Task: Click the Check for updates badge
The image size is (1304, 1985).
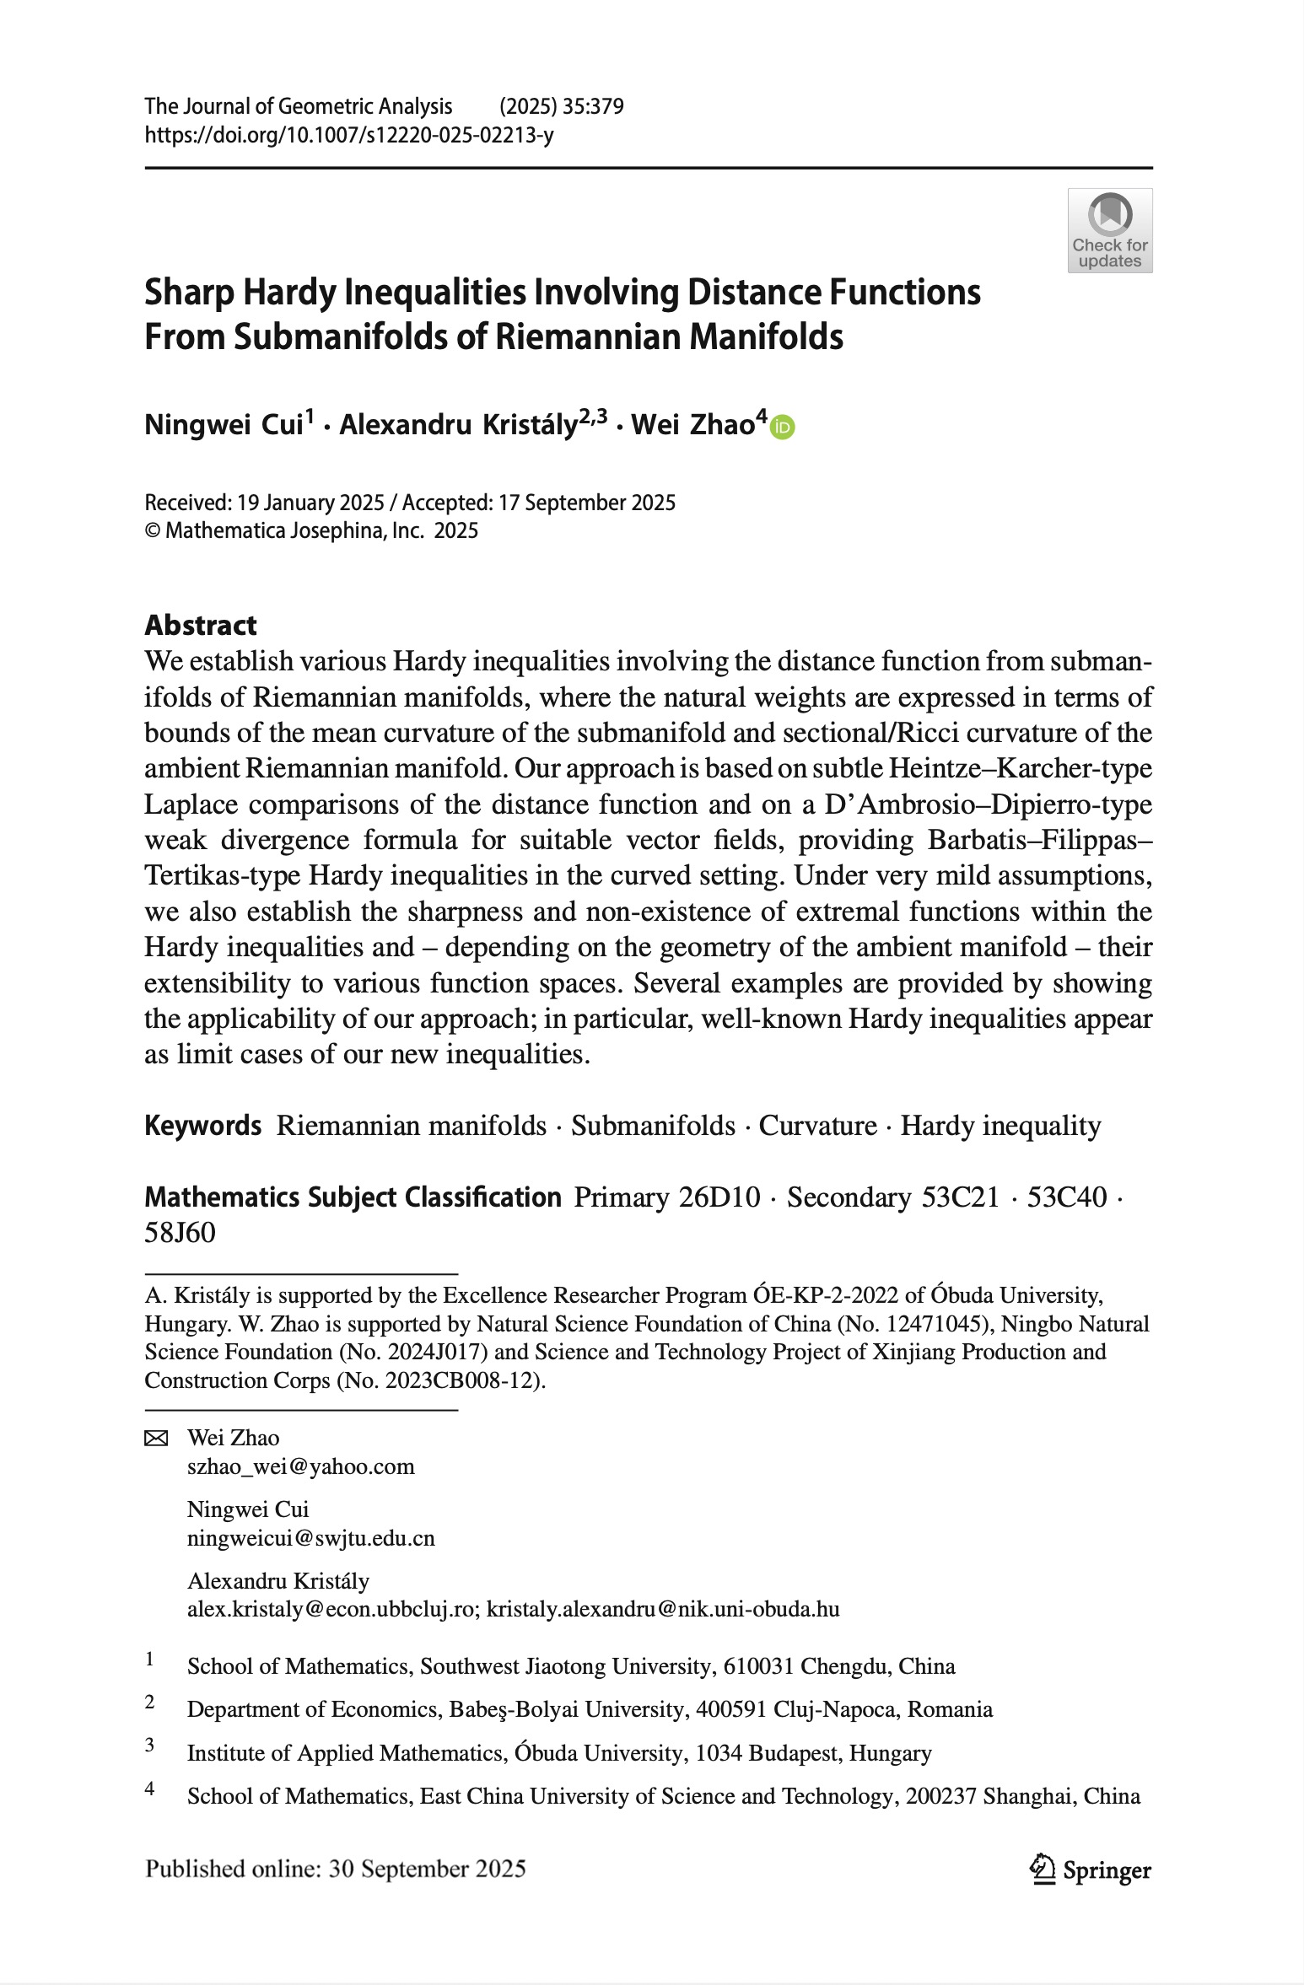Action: [1109, 230]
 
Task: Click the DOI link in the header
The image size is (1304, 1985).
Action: [349, 135]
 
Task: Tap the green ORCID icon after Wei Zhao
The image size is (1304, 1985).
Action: [784, 428]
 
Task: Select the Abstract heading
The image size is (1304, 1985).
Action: [201, 625]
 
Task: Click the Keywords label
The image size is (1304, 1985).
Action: [202, 1126]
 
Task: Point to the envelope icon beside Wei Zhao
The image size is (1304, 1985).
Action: [157, 1439]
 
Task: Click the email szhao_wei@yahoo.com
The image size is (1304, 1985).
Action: [300, 1466]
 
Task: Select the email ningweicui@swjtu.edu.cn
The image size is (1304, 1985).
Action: [310, 1538]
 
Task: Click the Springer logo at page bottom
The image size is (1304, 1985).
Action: [1090, 1869]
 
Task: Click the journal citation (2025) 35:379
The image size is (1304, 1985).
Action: [561, 106]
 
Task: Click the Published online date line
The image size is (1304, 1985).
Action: [336, 1869]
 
